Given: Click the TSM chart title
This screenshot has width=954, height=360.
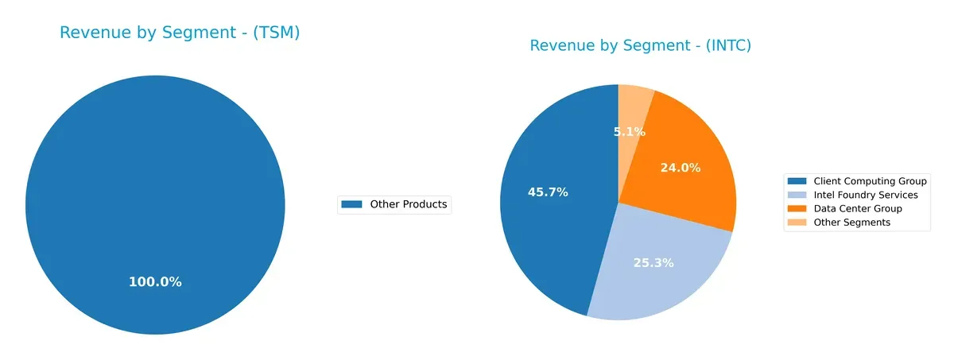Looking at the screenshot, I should click(180, 33).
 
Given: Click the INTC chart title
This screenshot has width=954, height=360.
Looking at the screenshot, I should click(640, 45).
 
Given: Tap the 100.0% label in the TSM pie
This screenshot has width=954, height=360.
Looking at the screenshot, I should click(155, 281).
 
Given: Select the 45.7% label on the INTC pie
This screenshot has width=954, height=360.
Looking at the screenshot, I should click(548, 192).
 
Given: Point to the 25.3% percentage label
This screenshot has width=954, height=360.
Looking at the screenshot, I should click(653, 262).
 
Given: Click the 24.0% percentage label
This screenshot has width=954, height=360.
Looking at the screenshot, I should click(681, 168).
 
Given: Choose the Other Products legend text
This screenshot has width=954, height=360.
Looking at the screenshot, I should click(409, 204).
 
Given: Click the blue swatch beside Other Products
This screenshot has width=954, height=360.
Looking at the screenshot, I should click(351, 204).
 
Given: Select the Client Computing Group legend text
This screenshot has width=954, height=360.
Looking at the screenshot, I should click(870, 181).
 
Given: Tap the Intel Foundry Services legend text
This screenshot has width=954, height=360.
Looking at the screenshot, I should click(865, 195).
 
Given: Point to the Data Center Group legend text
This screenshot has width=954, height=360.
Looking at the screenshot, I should click(858, 208).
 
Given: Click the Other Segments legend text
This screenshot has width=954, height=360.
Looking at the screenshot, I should click(851, 223).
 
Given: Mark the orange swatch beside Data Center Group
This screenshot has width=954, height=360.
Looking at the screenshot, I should click(797, 208).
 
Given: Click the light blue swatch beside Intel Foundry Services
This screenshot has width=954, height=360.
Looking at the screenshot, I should click(797, 195).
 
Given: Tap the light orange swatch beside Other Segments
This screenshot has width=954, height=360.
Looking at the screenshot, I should click(797, 223).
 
